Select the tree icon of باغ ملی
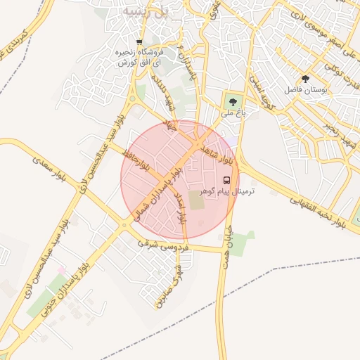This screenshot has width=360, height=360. click(233, 101)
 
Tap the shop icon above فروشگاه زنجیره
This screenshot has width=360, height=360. click(139, 42)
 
